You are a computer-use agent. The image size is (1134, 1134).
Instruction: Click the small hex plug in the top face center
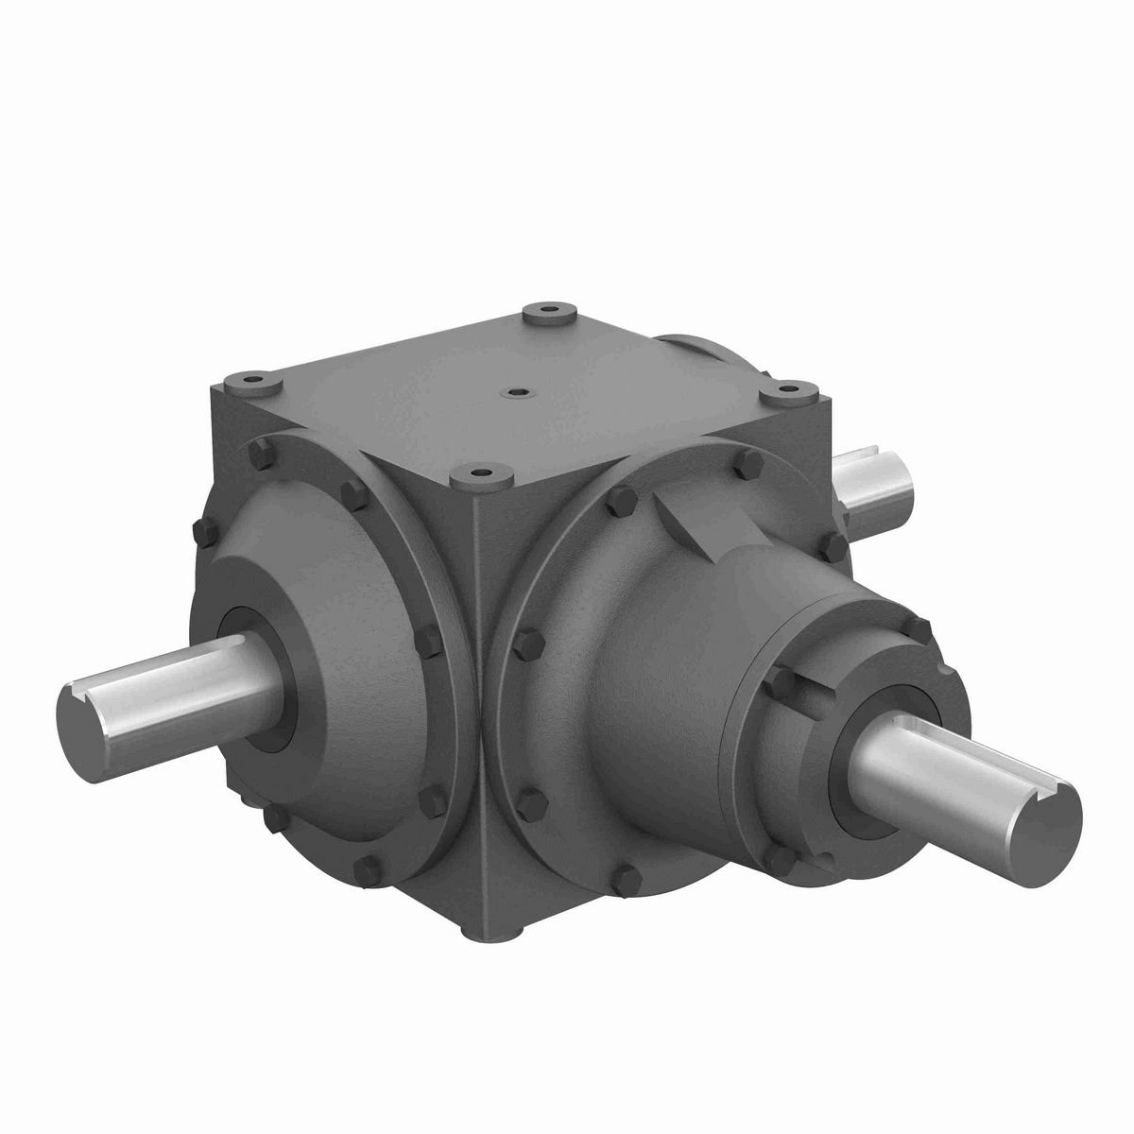coord(515,390)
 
